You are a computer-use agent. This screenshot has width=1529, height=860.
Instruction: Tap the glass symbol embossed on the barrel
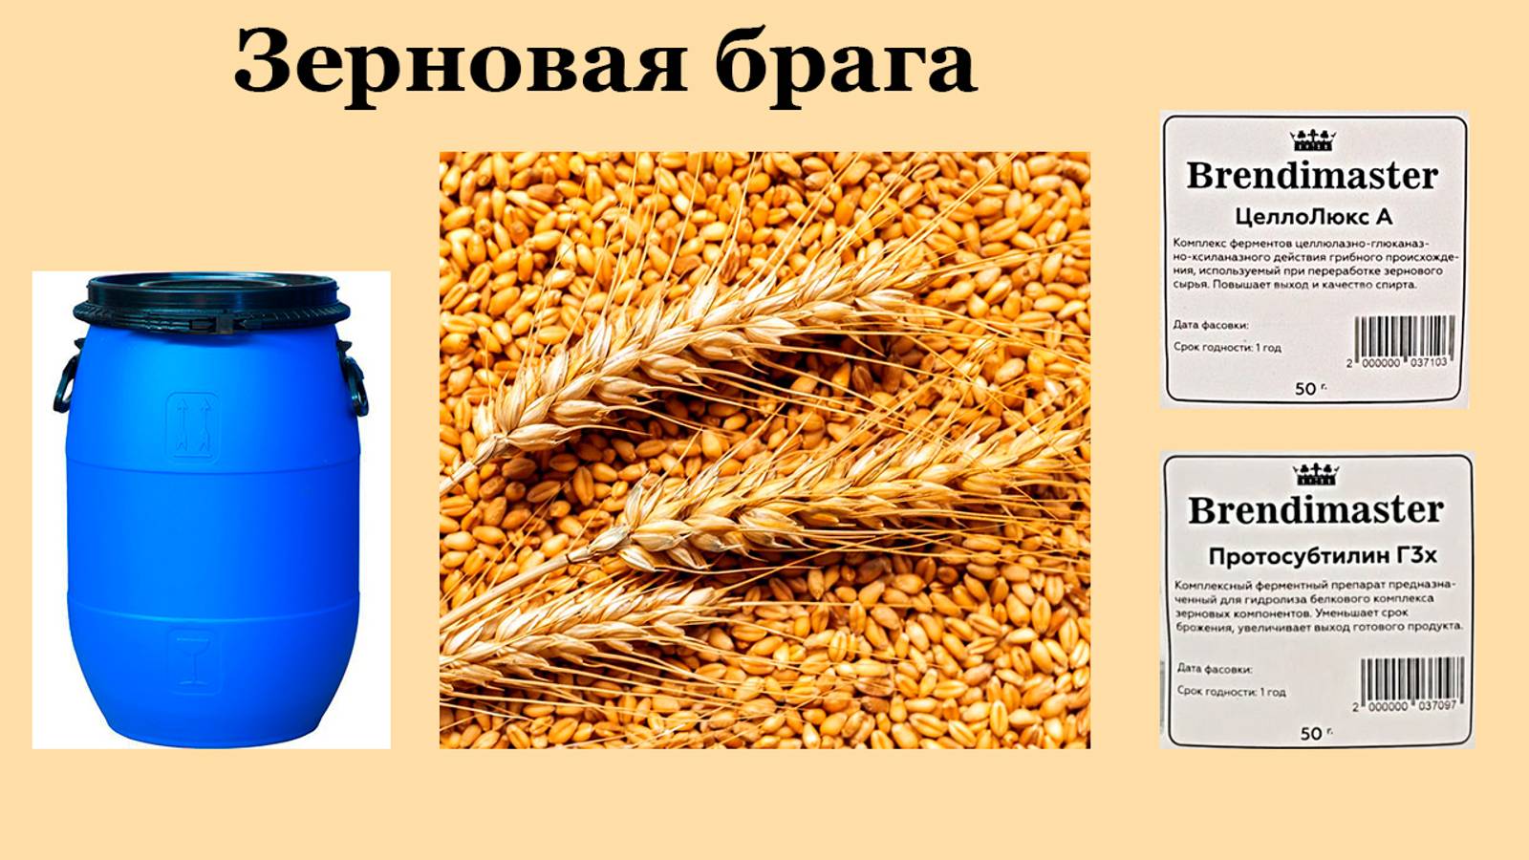coord(194,660)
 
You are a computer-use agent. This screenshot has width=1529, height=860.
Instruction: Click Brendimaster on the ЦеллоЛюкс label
coord(1312,176)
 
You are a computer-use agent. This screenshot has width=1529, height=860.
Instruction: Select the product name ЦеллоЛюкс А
coord(1313,216)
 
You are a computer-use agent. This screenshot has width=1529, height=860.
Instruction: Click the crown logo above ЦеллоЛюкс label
coord(1312,140)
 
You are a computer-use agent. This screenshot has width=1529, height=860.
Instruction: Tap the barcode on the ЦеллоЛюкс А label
coord(1404,336)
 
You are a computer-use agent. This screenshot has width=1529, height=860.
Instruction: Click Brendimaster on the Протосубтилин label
coord(1315,510)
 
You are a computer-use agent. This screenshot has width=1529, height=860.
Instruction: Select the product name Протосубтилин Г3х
coord(1323,555)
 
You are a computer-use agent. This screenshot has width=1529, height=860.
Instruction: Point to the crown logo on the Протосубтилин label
coord(1316,474)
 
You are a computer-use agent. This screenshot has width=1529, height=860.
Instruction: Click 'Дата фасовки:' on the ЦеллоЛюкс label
coord(1211,325)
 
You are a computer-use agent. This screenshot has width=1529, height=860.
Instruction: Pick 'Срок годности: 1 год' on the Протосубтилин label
coord(1231,691)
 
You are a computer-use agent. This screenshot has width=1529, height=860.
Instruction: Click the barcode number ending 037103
coord(1398,363)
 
